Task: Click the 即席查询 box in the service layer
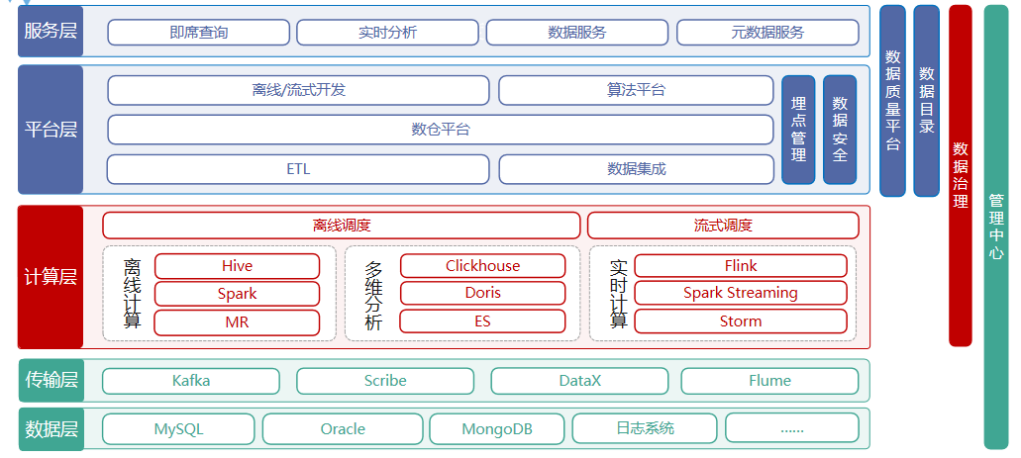199,33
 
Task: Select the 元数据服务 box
767,33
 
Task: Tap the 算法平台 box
636,90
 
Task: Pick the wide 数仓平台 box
441,130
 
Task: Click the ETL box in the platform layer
298,169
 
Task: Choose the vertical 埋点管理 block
798,130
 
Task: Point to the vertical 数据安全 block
840,130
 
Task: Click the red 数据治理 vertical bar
961,176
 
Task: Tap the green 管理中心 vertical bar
996,228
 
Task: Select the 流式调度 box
723,226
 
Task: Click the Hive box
237,266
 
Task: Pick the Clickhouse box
482,266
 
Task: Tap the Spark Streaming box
741,294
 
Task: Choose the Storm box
741,321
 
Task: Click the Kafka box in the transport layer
191,381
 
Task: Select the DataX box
579,381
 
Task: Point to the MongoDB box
497,429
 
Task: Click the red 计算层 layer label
51,277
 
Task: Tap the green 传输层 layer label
51,381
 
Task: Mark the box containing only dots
792,428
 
